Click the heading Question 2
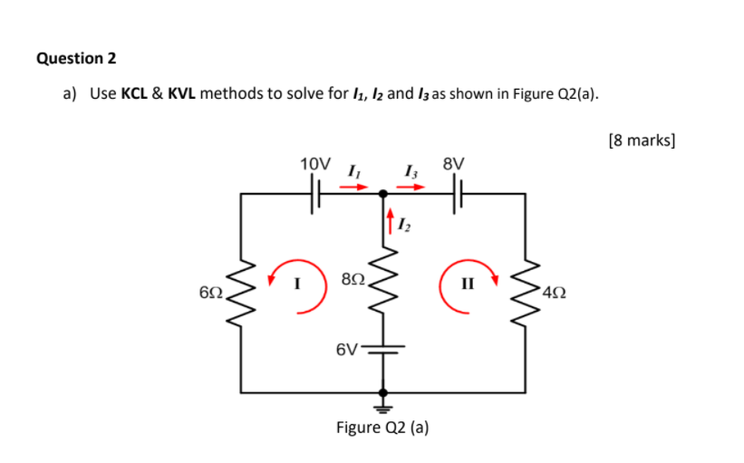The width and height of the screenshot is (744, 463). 76,58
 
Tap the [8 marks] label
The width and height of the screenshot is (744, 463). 643,140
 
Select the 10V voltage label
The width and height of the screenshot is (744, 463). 315,164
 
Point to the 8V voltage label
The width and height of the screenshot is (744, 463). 454,164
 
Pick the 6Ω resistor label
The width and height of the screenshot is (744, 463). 209,293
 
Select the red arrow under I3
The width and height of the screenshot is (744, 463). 412,188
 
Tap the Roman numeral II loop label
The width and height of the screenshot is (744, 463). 468,284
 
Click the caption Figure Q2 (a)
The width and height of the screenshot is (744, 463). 382,427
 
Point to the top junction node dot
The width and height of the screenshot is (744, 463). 382,193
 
